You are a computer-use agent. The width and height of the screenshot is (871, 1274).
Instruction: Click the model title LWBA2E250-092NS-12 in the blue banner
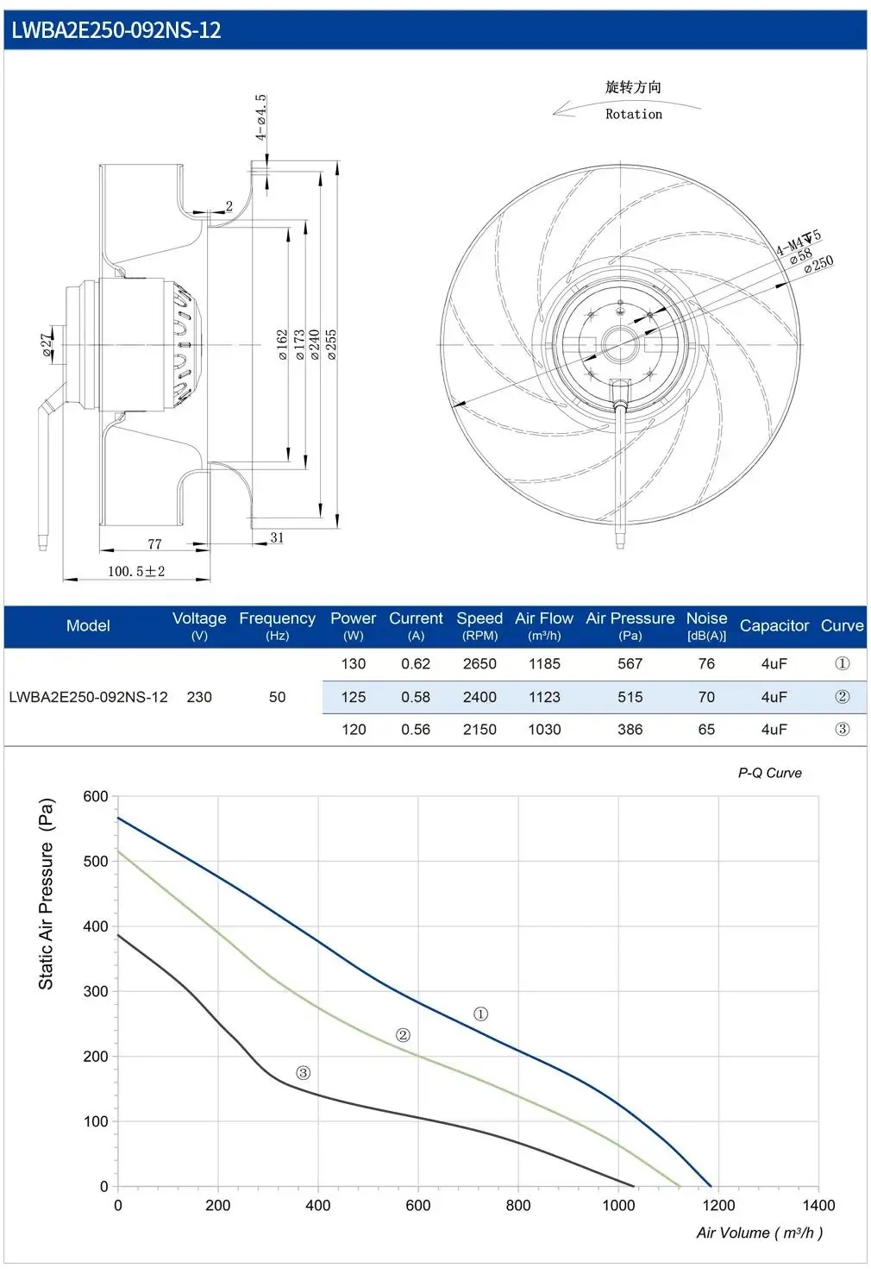[116, 29]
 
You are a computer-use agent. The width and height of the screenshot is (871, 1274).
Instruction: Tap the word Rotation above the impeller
[633, 114]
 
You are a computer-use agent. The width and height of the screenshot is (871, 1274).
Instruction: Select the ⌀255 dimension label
[331, 344]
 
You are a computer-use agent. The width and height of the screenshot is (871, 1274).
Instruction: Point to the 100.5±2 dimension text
[136, 571]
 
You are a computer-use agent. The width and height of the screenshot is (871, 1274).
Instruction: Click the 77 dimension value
[154, 543]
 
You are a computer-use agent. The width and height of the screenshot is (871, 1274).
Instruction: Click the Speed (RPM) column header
[479, 625]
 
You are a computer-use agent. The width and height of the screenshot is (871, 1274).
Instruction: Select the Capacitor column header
[774, 625]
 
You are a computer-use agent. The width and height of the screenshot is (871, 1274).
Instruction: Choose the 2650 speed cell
[479, 663]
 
